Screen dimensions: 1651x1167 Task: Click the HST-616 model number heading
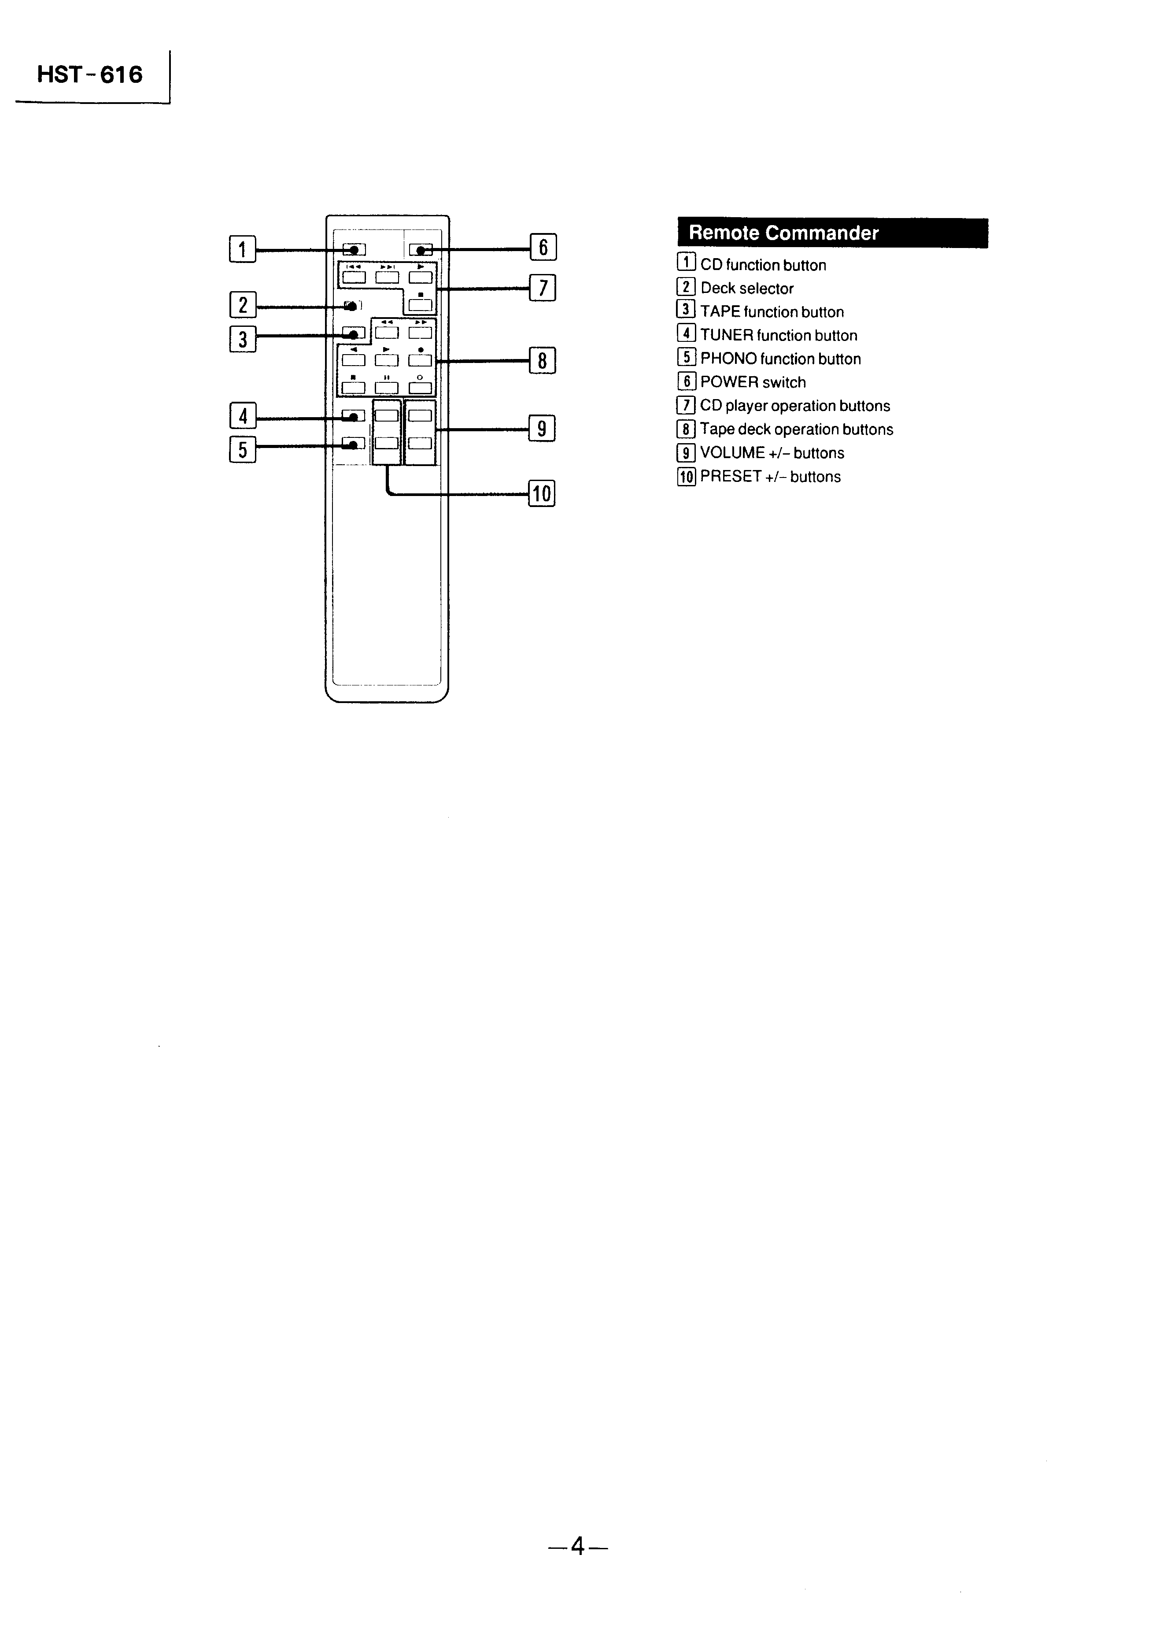[x=90, y=75]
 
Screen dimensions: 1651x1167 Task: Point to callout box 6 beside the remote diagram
[x=543, y=248]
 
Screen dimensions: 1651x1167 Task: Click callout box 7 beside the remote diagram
[x=543, y=289]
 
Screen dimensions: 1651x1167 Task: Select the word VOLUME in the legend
[x=732, y=453]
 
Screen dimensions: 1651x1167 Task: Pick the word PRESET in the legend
[x=731, y=477]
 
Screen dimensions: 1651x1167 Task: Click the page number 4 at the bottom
[x=577, y=1546]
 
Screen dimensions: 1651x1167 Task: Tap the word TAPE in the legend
[x=720, y=312]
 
